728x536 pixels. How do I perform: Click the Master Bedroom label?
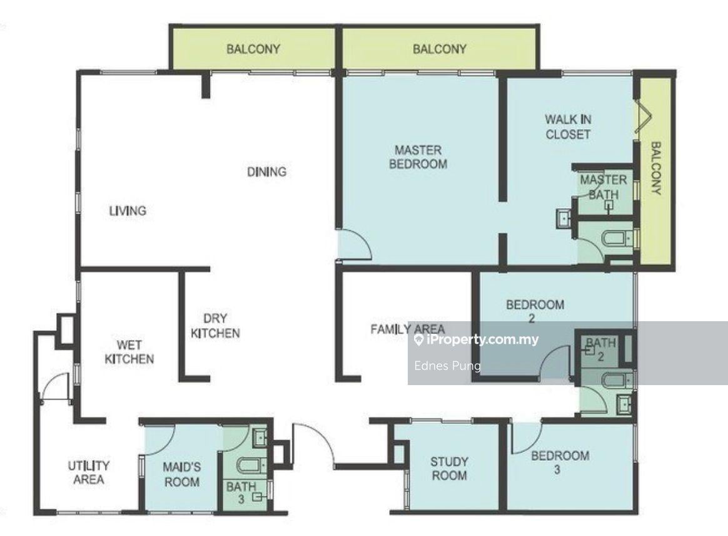point(418,157)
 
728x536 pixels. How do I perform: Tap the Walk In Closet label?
point(568,127)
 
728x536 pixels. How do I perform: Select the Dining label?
point(266,172)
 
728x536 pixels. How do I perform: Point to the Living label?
point(128,210)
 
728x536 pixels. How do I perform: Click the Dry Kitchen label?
point(215,326)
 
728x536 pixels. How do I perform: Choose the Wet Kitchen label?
point(129,352)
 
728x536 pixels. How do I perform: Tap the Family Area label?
point(408,329)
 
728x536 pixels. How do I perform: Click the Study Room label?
point(448,468)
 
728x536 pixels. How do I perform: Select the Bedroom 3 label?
point(560,462)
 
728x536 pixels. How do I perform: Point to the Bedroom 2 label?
point(535,311)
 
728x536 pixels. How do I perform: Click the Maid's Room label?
point(182,474)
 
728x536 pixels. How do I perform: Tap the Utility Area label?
point(89,472)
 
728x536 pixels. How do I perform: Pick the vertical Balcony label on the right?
point(655,168)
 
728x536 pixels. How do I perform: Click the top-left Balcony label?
point(253,49)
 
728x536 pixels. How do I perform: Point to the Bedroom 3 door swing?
point(527,437)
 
